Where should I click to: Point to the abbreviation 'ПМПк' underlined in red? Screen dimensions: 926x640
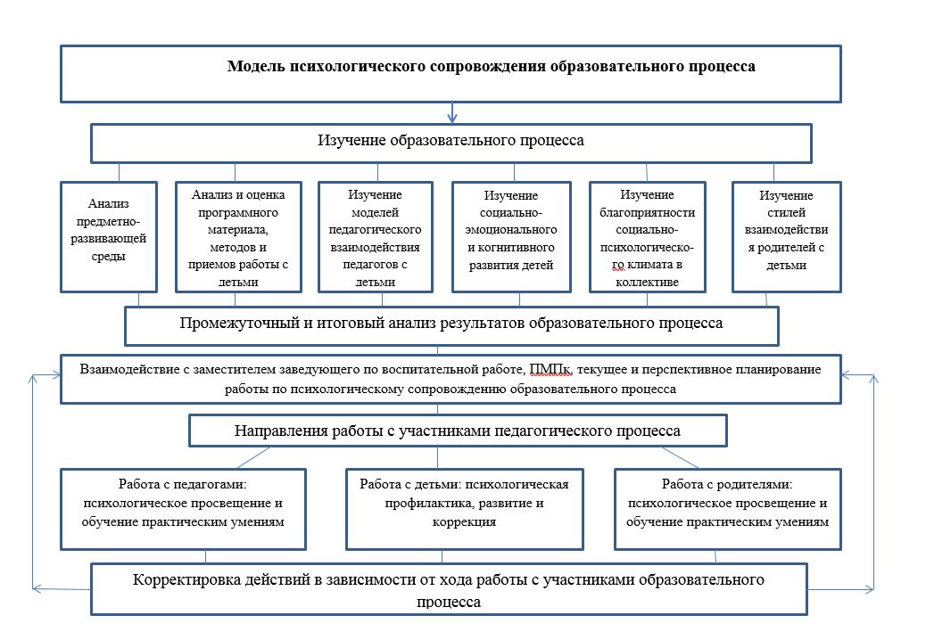pos(550,369)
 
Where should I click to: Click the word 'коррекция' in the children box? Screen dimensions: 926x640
pos(464,522)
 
